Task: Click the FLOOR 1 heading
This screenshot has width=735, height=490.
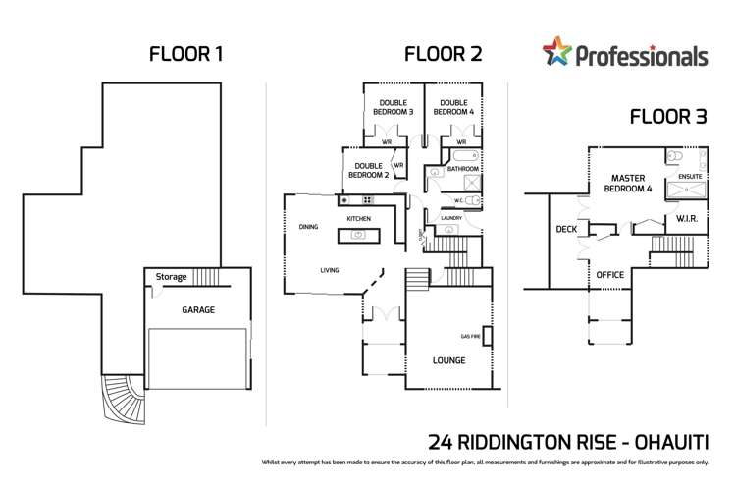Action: tap(185, 54)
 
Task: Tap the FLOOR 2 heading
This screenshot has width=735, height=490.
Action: tap(444, 54)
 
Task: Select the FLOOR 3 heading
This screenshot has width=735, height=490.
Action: tap(668, 118)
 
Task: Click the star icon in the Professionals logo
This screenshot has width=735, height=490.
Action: tap(556, 51)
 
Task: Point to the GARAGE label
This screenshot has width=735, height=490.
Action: tap(198, 310)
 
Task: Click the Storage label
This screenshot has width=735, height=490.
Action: tap(171, 278)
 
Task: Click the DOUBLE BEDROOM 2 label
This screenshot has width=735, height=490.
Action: tap(368, 170)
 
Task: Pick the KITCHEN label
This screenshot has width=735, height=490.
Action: tap(358, 218)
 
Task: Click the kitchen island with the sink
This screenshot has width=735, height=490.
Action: tap(358, 235)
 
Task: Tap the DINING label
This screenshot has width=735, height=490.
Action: tap(308, 227)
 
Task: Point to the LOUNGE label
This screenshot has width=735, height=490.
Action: tap(449, 360)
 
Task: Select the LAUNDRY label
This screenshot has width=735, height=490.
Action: tap(451, 218)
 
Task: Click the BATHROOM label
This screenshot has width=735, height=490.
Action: tap(462, 169)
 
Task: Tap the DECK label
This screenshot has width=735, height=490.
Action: tap(566, 229)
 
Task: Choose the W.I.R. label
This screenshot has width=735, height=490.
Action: tap(686, 218)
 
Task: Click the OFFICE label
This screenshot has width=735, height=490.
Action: tap(610, 275)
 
